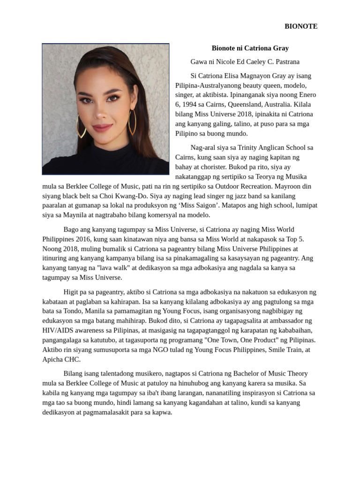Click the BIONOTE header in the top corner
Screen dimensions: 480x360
(301, 26)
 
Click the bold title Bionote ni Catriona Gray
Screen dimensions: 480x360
(250, 48)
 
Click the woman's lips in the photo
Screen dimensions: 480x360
(103, 127)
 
